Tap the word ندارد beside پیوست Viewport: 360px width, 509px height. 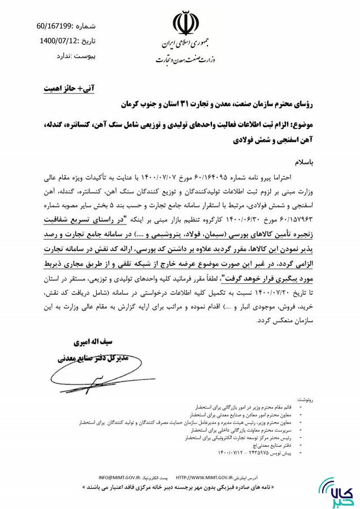coord(67,57)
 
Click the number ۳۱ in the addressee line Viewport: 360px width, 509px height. coord(186,105)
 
